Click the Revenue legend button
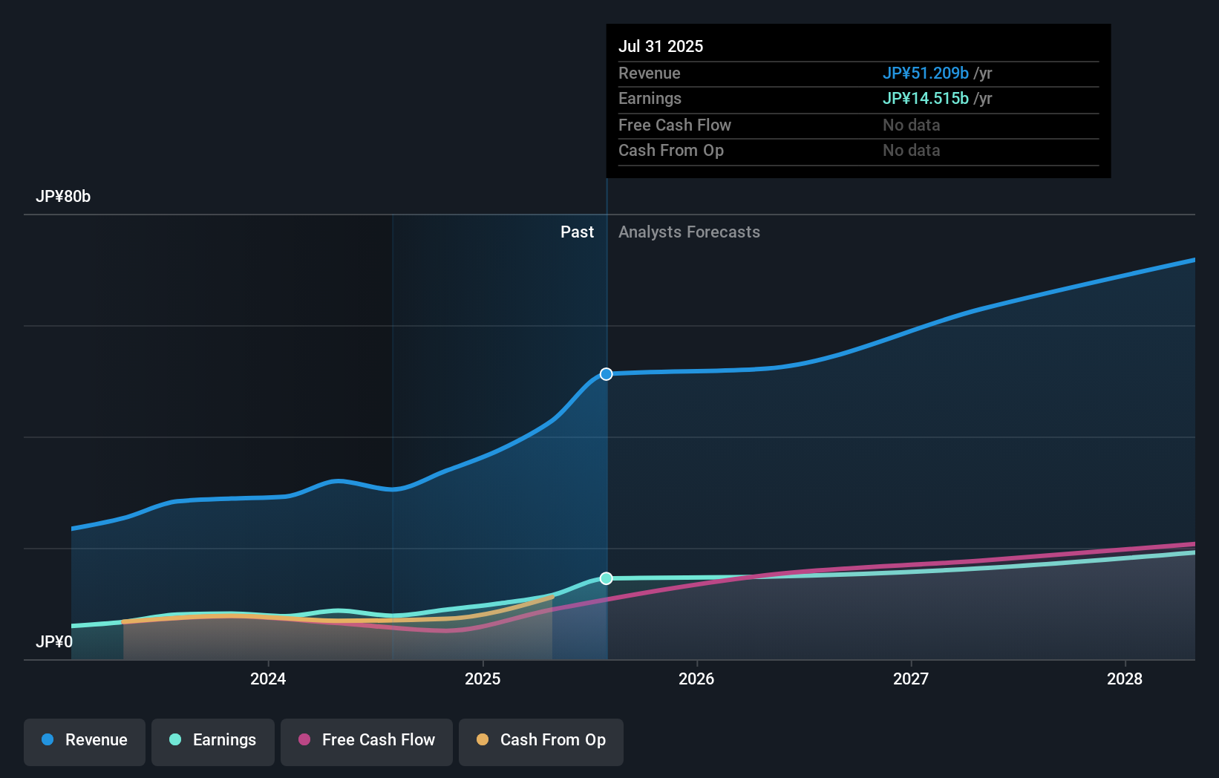click(x=85, y=741)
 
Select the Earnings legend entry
click(x=213, y=741)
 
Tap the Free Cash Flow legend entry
click(x=367, y=741)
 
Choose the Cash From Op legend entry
click(x=541, y=741)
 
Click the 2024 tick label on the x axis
click(x=268, y=679)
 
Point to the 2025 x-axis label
click(x=483, y=679)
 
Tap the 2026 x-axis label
click(x=696, y=679)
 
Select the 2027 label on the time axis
click(x=911, y=679)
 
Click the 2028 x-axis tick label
click(x=1125, y=679)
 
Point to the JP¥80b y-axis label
click(x=63, y=197)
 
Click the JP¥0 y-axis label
click(x=54, y=641)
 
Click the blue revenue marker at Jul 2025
click(x=607, y=374)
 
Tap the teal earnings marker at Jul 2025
click(x=607, y=578)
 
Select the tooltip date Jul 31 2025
click(x=661, y=46)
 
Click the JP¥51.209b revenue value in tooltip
click(x=925, y=73)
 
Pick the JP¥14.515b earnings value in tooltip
click(x=925, y=98)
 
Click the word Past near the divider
click(x=577, y=232)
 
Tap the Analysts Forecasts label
click(x=689, y=232)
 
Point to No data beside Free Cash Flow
click(x=911, y=125)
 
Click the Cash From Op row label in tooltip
click(x=671, y=151)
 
